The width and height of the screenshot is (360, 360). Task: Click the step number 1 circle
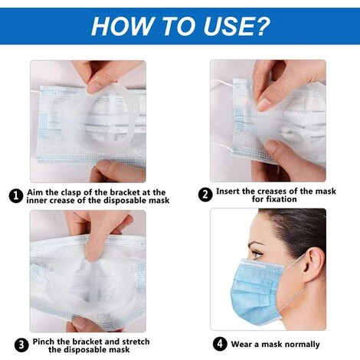pos(16,196)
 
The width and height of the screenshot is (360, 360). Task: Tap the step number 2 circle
pos(205,195)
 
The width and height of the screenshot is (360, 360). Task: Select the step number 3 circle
pos(21,345)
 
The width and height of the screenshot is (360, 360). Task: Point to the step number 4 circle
pos(220,344)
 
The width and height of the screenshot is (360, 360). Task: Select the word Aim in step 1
pos(35,192)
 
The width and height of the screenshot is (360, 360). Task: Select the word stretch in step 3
pos(136,342)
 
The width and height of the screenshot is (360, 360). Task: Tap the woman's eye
pos(256,254)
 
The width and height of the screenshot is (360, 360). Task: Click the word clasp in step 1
pos(71,192)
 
